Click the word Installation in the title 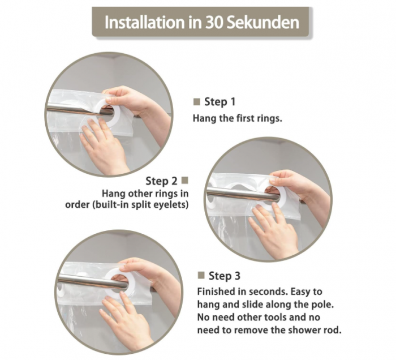145,22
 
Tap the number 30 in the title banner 213,23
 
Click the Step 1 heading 219,102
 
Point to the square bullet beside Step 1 197,102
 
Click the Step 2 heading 161,181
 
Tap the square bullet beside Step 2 185,181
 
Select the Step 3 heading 225,276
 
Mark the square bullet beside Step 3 201,275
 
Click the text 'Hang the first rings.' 238,118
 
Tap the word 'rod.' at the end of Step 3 333,329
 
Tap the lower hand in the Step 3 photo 126,321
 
